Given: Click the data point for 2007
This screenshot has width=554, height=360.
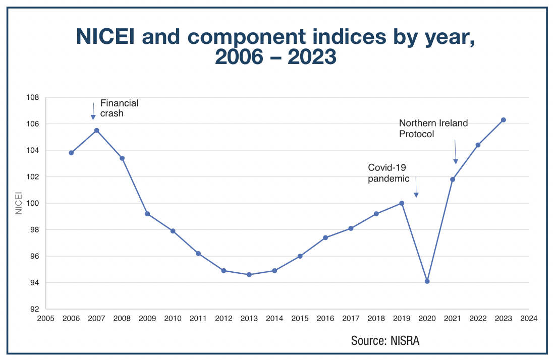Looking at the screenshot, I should [96, 131].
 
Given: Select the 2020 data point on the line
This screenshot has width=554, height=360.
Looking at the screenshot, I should [427, 281].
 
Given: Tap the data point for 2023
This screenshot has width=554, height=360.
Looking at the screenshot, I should [503, 120].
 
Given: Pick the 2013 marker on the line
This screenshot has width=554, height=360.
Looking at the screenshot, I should [249, 275].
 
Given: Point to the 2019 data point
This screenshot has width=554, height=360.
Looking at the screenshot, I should [402, 203].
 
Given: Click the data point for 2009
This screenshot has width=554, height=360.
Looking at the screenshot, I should [147, 214].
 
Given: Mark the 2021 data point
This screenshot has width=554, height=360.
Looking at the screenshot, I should [453, 179].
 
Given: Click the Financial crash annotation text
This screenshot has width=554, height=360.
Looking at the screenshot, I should [119, 108].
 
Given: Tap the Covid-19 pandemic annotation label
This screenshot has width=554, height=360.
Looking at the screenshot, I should [387, 172].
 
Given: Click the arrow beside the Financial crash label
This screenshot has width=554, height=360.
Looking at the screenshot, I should [93, 111].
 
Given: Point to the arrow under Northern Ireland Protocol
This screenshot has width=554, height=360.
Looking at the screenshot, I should [455, 152].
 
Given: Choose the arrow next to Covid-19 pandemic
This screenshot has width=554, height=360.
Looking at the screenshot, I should [416, 187].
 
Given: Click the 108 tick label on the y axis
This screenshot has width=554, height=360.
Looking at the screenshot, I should [33, 98].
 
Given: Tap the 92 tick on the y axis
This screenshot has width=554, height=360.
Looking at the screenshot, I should [35, 309].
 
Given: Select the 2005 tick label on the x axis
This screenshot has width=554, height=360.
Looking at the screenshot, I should [46, 319].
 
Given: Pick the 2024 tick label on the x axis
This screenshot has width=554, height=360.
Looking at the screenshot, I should [528, 319].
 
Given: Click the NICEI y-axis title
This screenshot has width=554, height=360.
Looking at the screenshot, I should [19, 203].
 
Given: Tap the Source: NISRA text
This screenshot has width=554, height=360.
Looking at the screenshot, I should [385, 341].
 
